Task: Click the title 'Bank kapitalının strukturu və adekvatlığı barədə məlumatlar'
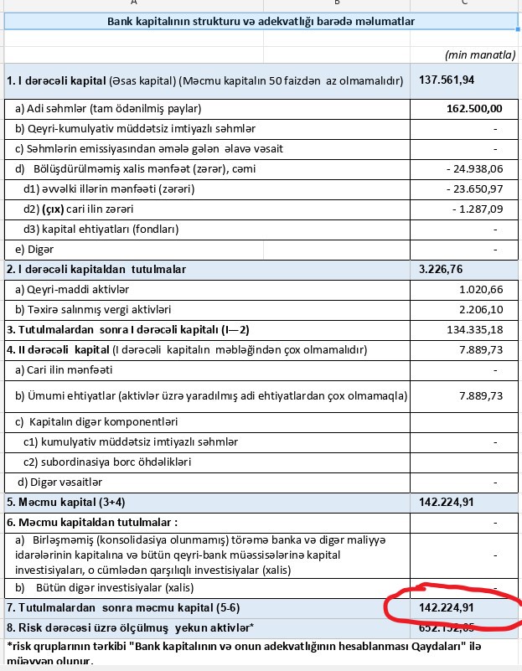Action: [x=261, y=21]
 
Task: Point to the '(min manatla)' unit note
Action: [x=480, y=55]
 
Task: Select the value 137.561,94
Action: [x=447, y=80]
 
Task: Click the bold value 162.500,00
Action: [x=473, y=108]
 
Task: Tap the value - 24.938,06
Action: [x=474, y=169]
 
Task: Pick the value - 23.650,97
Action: [x=474, y=188]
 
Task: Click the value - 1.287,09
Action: [x=477, y=209]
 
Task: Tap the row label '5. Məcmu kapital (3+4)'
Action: [x=63, y=502]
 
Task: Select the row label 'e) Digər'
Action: [x=35, y=249]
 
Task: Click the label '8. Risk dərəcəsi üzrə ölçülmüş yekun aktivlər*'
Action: [x=130, y=627]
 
